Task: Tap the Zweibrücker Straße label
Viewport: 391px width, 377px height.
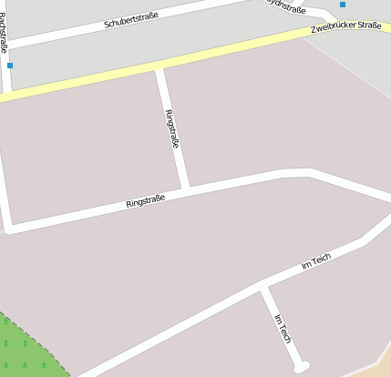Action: click(345, 28)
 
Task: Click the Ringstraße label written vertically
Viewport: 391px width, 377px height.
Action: click(171, 128)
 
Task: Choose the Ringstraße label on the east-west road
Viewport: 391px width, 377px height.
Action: click(145, 199)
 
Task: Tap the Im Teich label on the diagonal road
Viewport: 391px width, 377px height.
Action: click(315, 261)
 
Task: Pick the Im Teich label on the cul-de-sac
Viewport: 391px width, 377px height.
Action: click(283, 327)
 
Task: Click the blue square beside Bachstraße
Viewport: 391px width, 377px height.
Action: click(10, 66)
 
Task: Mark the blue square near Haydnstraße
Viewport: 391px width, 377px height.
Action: click(343, 5)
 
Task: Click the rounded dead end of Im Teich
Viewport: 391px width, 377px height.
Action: click(301, 367)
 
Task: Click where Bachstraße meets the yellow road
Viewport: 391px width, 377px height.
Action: click(7, 94)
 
